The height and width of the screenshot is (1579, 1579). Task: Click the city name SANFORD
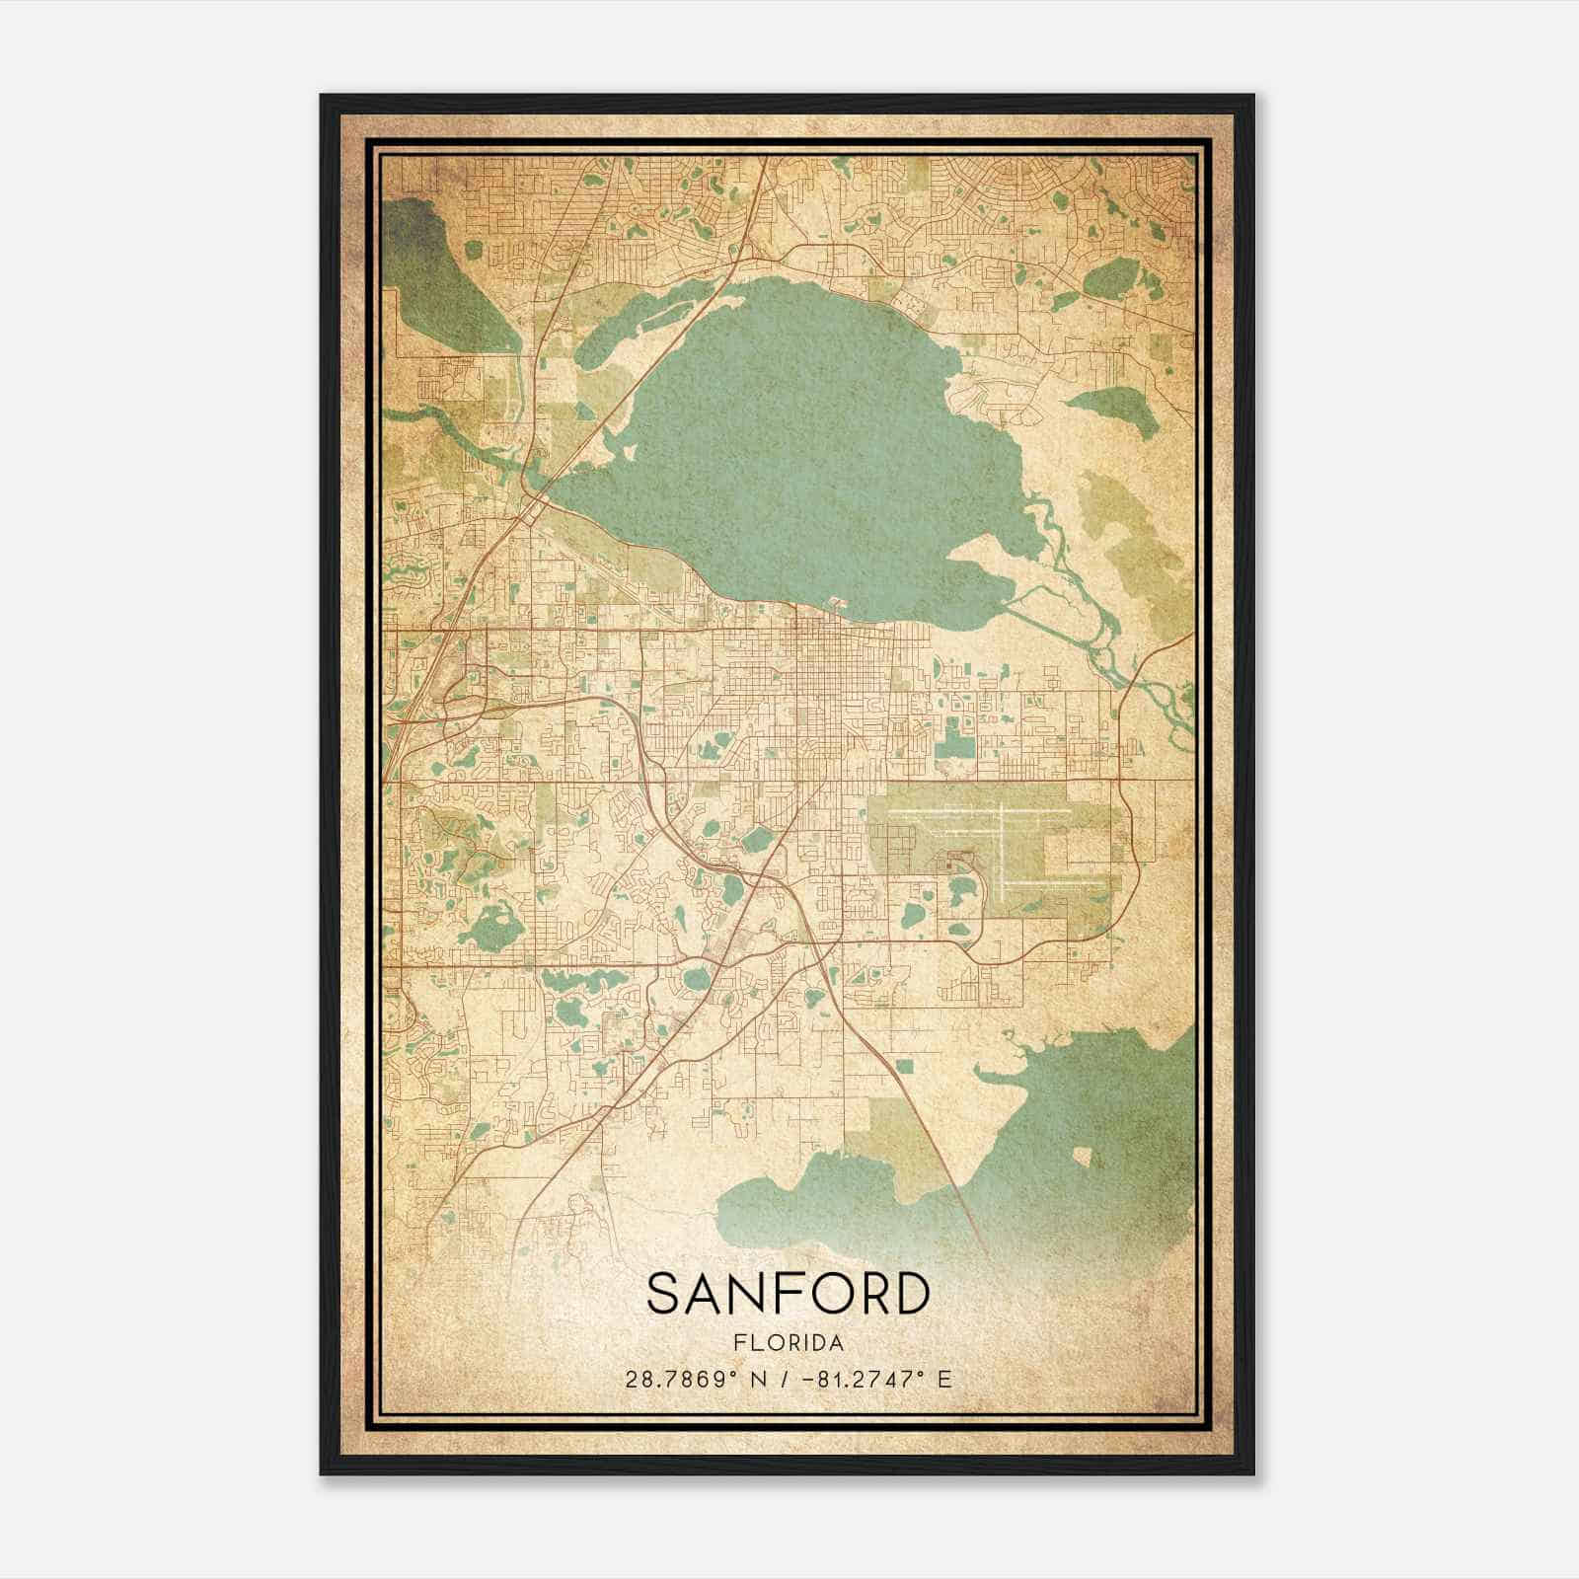(x=788, y=1294)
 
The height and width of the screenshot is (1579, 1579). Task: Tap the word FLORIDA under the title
(x=788, y=1343)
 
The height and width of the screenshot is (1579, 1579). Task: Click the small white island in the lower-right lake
(x=1083, y=1157)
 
